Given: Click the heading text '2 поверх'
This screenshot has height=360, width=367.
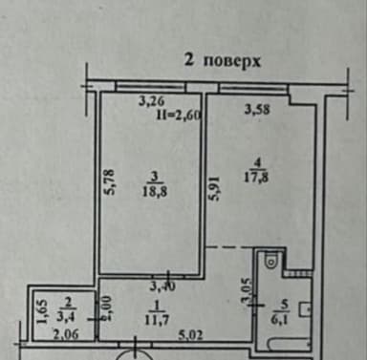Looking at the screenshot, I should tap(222, 59).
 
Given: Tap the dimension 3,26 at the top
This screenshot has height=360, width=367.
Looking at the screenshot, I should tap(150, 98).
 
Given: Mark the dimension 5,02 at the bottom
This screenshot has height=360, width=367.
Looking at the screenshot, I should tap(196, 334).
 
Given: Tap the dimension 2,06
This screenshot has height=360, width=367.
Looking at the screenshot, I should tap(66, 334).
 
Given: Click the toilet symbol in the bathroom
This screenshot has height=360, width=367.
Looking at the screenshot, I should tap(270, 259).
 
